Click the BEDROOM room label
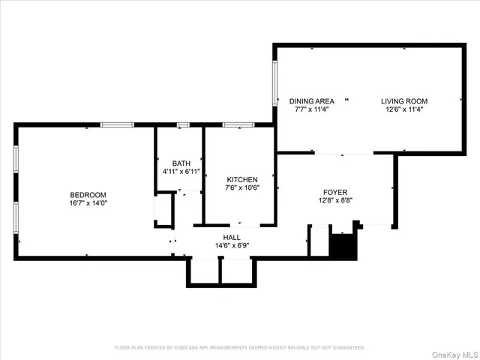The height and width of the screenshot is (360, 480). point(88,194)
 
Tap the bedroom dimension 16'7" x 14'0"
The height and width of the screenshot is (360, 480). point(88,202)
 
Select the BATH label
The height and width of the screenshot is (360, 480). point(181,163)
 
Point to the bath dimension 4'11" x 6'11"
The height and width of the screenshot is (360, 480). point(181,172)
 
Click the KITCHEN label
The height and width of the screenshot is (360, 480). point(242,180)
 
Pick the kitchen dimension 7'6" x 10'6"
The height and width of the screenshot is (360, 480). point(242,188)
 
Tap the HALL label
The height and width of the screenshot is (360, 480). point(232,237)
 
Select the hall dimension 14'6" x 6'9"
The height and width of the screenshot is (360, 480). point(232,245)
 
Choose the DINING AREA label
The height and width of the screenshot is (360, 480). point(311,100)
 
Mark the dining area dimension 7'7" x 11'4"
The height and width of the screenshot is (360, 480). point(311,109)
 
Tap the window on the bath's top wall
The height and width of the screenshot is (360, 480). point(182,124)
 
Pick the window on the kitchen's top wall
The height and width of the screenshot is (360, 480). point(238,124)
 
